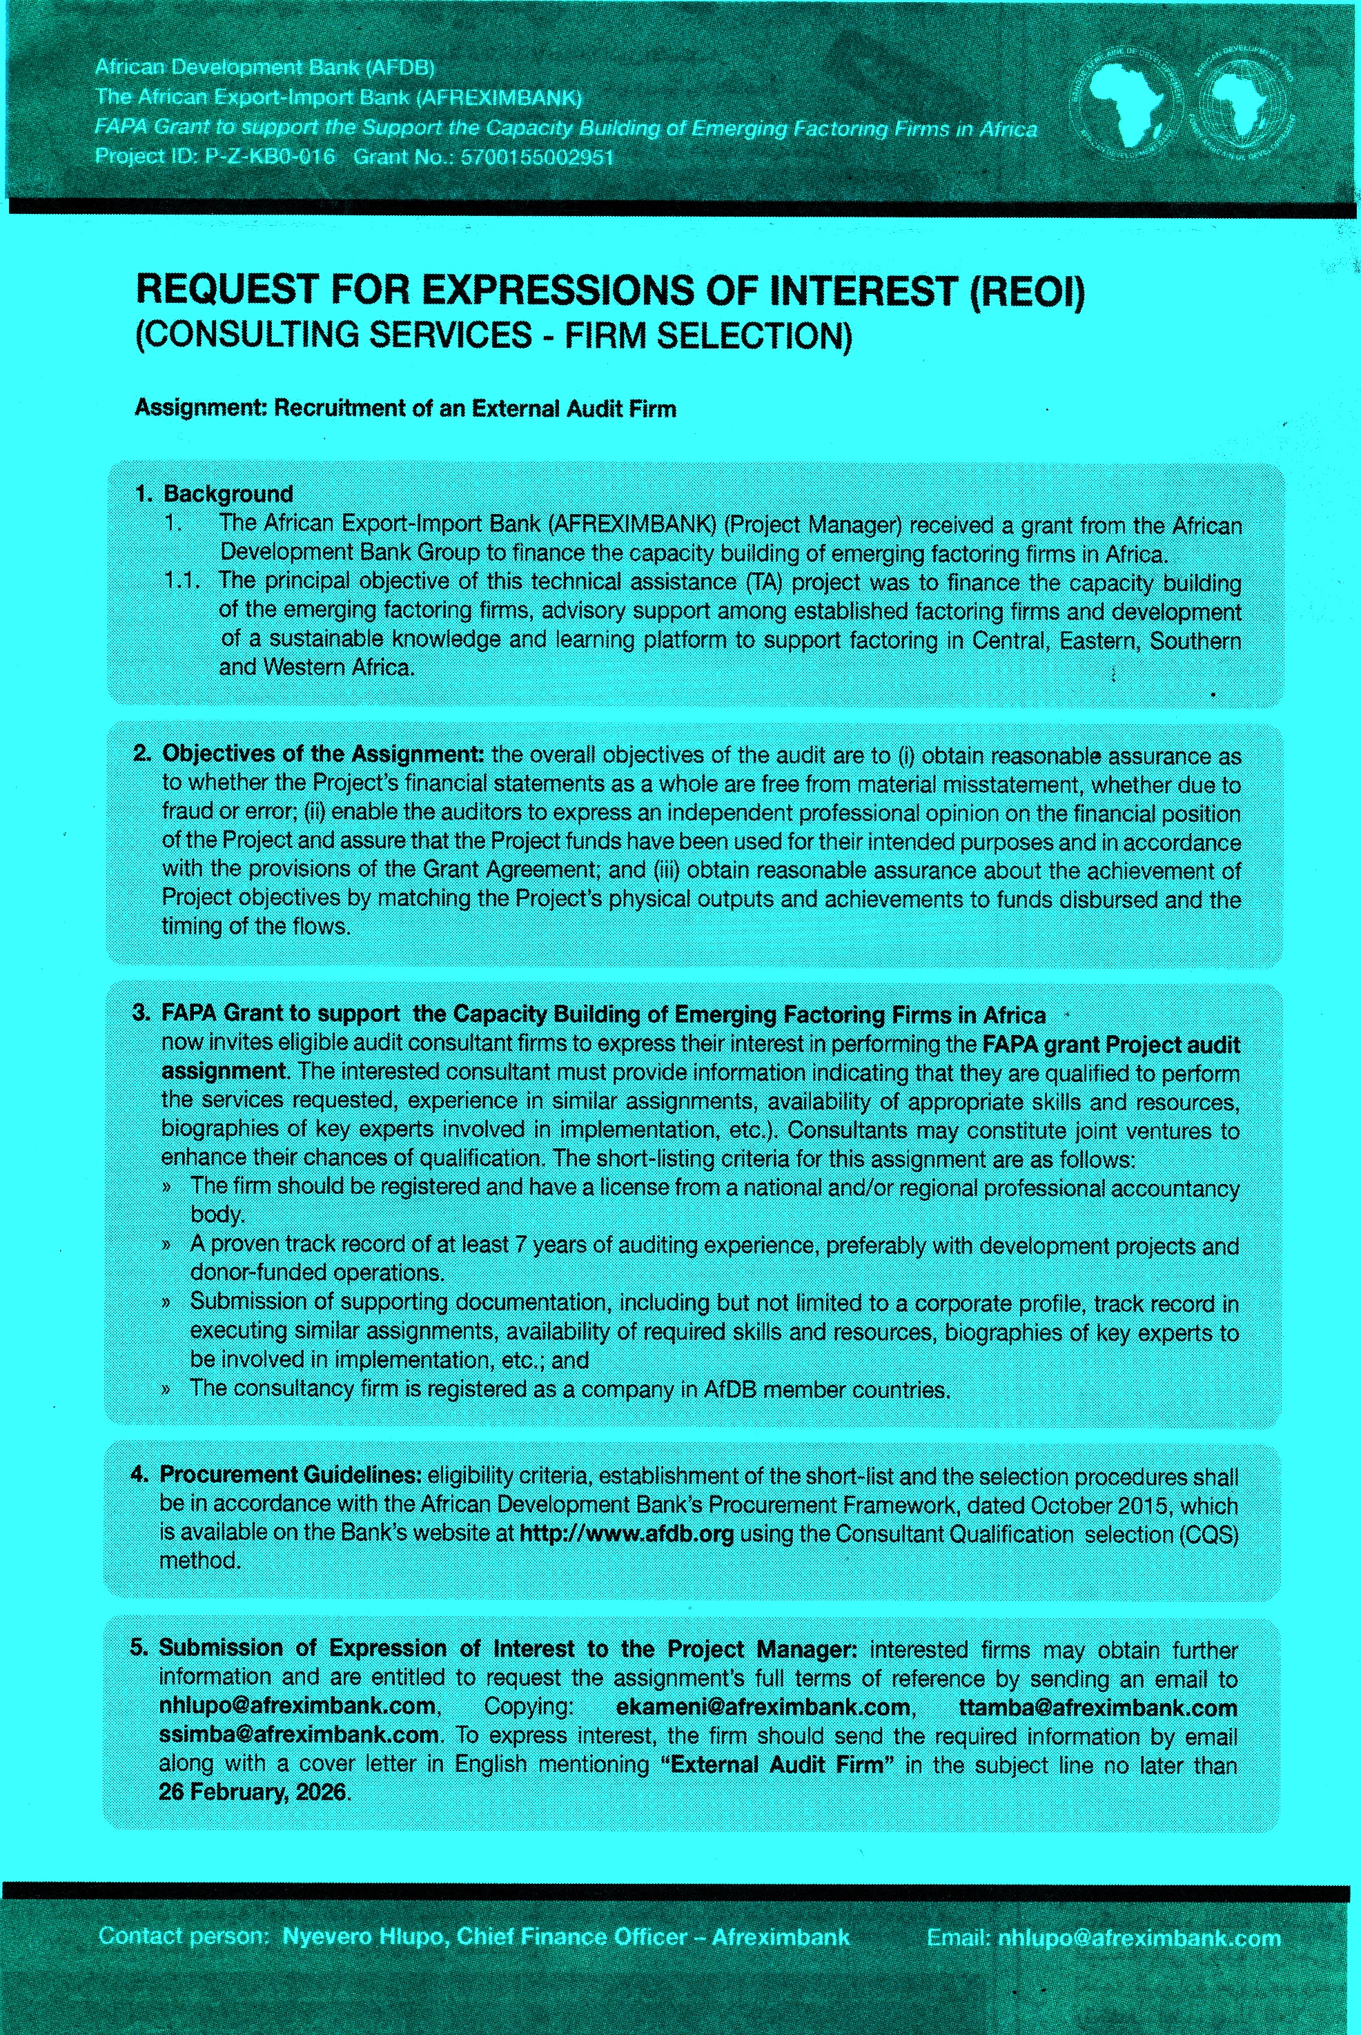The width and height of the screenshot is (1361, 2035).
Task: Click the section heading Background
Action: [x=228, y=494]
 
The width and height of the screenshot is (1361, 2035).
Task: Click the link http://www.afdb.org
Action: [x=626, y=1533]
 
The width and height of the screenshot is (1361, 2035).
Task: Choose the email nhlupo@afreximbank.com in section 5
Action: [x=297, y=1705]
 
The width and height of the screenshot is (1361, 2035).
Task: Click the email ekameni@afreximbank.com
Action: [x=763, y=1707]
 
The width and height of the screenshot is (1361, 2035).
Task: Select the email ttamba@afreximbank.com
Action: [x=1097, y=1708]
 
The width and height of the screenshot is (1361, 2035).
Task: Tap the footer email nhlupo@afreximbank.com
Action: [x=1139, y=1938]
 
